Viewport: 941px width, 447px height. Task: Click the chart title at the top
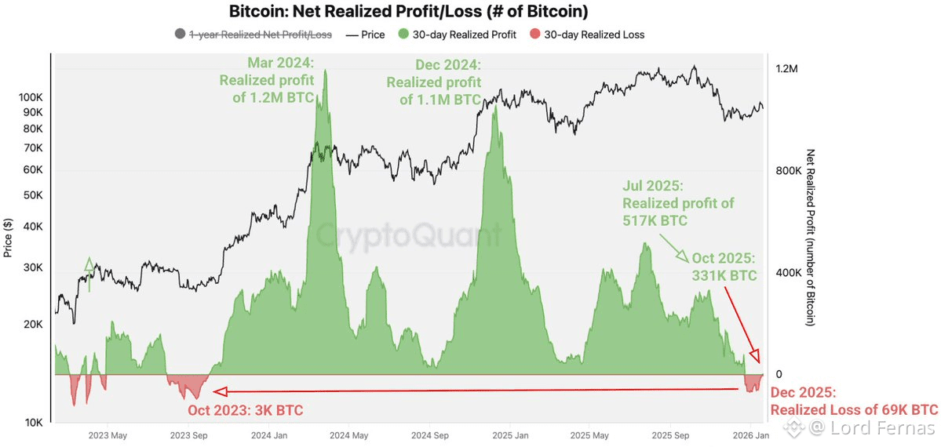tap(408, 12)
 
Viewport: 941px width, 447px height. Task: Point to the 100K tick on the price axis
tap(31, 97)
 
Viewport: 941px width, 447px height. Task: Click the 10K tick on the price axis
tap(34, 423)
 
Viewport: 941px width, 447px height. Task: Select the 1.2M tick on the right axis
tap(786, 69)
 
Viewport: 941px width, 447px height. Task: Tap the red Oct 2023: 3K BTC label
tap(245, 410)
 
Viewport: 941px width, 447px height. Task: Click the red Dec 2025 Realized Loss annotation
tap(854, 402)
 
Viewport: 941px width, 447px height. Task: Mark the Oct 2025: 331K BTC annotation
tap(724, 267)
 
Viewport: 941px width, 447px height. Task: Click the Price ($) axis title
tap(9, 238)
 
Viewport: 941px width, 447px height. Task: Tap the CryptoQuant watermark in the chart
tap(408, 234)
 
